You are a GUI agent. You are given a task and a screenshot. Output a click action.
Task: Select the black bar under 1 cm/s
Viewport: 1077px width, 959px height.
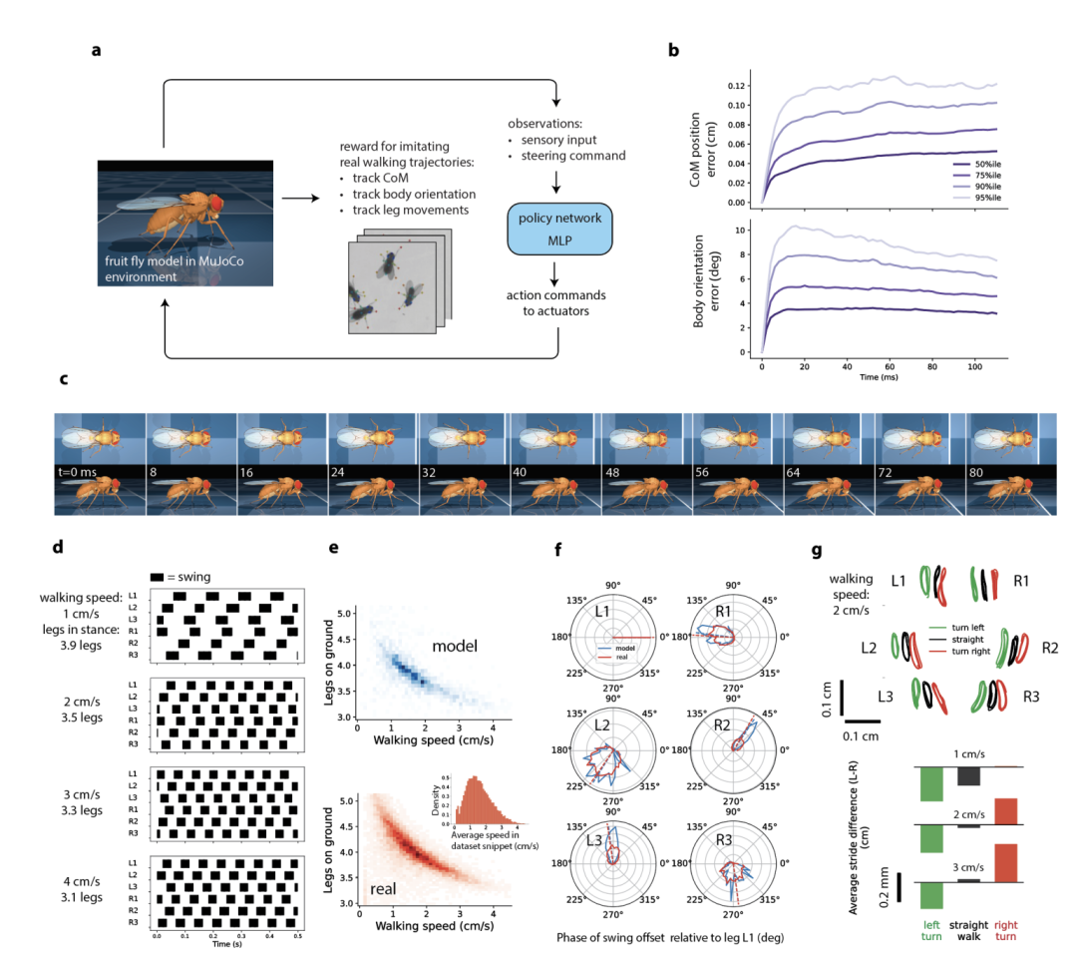[x=969, y=775]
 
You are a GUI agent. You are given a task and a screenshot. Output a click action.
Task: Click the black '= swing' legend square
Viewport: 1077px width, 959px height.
[x=159, y=577]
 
